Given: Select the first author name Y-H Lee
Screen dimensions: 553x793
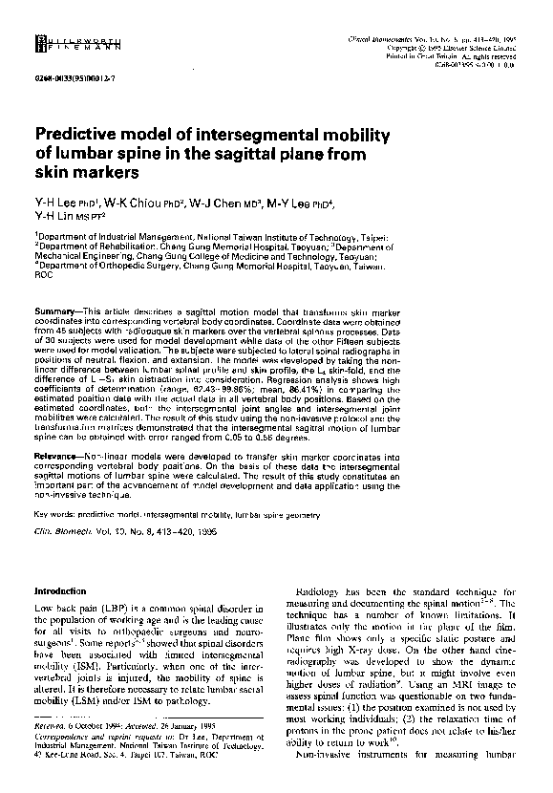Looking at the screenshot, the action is point(56,204).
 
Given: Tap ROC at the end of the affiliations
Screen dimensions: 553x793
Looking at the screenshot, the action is point(44,281).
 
